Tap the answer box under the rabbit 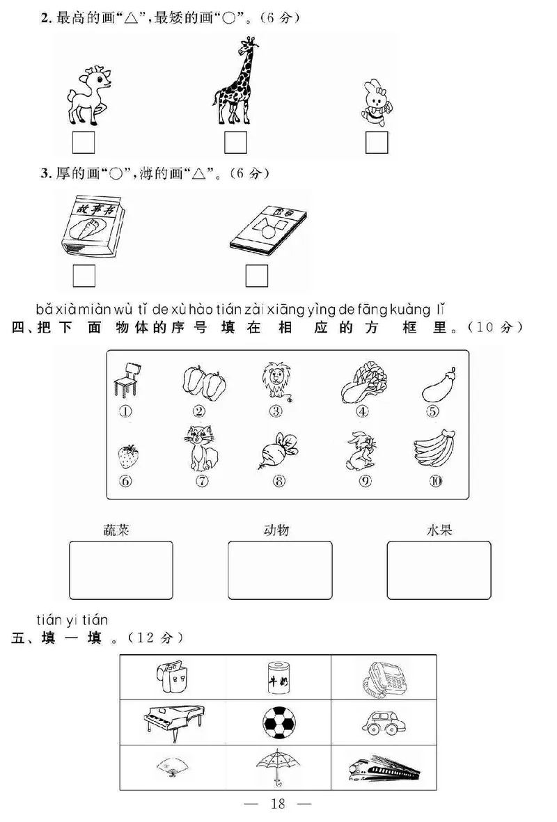[x=376, y=143]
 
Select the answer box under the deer [x=84, y=143]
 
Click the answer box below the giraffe [x=235, y=143]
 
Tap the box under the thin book [x=256, y=276]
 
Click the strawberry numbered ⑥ [x=128, y=456]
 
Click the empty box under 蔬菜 [x=121, y=570]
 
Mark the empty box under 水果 [x=439, y=570]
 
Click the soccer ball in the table [x=278, y=721]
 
